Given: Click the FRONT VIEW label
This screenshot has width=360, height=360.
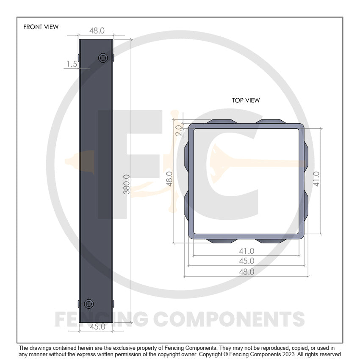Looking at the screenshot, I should tap(41, 27).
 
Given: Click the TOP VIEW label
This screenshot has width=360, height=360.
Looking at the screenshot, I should tap(246, 100).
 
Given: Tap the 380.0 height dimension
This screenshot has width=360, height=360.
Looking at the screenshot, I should tap(126, 184).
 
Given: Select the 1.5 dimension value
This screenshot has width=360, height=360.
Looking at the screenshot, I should tap(72, 64).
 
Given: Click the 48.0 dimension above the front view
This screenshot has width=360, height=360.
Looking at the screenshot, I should tap(97, 31).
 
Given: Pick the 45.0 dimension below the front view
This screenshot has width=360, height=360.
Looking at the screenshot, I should tap(97, 327).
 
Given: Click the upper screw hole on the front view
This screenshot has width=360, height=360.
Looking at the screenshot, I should tap(102, 58).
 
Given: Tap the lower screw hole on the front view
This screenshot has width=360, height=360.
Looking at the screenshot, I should tap(89, 304).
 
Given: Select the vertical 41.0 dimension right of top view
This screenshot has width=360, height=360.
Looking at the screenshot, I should tap(316, 179).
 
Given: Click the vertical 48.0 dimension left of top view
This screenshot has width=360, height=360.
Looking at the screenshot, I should tap(169, 179).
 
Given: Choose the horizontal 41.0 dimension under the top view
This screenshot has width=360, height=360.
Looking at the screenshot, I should tap(246, 251).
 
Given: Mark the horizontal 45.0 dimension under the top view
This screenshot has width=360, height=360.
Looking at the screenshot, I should tap(246, 261).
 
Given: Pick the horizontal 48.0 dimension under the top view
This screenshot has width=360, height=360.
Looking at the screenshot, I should tap(246, 272).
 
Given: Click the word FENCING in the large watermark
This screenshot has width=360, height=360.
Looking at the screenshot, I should tap(102, 319).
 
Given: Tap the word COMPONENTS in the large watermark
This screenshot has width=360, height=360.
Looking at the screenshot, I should tap(229, 319).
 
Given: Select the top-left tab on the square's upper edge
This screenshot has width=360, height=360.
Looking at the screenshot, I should tap(222, 122).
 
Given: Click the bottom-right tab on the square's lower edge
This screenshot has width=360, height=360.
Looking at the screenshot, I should tap(271, 241).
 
